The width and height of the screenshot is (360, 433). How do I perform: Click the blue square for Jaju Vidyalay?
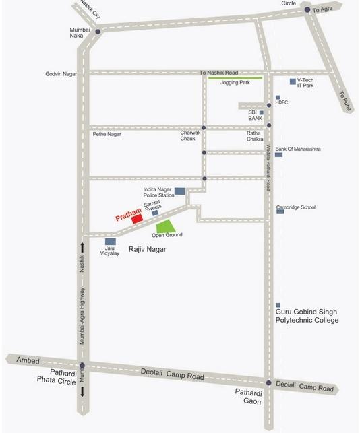[110, 240]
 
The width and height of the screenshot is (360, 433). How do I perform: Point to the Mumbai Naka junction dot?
[98, 32]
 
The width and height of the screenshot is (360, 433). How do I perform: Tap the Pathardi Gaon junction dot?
[268, 384]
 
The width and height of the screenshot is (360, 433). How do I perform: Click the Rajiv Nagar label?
[147, 250]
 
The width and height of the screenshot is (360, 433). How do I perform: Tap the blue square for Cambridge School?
[279, 211]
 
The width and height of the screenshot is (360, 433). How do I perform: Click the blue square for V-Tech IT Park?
[293, 81]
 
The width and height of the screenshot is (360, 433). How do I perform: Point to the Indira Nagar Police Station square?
[180, 191]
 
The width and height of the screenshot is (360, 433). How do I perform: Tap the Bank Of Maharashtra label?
[307, 148]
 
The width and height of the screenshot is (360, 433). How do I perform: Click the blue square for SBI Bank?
[262, 113]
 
